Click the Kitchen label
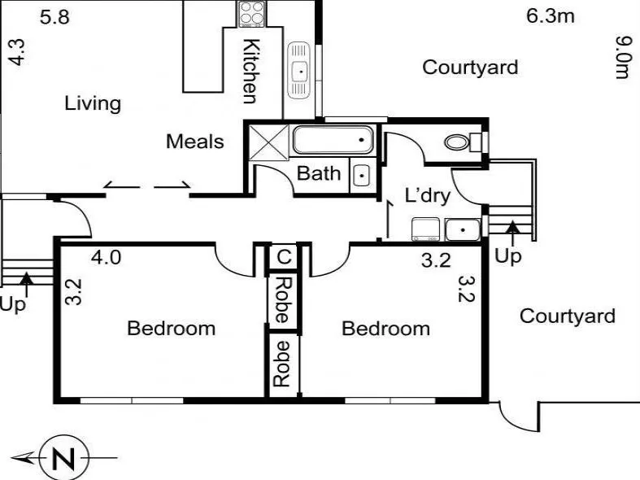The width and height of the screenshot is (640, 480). pos(250,71)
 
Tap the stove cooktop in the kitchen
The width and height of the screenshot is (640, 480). pos(252,14)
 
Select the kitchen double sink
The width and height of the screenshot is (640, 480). pos(299,71)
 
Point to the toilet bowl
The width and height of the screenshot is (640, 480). pos(457,142)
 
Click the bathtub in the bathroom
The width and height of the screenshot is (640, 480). pos(333,140)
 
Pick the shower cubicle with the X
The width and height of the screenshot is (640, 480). pos(268,142)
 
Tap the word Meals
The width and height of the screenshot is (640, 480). pos(194,142)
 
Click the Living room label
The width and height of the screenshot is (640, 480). pos(93,103)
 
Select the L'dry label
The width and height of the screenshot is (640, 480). pos(428,195)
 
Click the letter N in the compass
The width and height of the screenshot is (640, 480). pos(63,458)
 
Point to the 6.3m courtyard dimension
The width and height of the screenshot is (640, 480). pos(551,16)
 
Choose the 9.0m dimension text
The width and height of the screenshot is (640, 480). pos(623,58)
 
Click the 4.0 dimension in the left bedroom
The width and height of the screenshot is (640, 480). pos(106,258)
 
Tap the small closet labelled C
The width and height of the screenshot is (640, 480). pos(284,257)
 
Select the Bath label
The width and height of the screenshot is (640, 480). pos(318,173)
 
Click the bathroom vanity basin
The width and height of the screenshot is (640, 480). pos(362,176)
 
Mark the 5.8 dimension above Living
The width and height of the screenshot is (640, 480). pos(54,17)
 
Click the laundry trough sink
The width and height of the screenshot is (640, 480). pos(463,230)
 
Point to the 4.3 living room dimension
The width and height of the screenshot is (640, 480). pos(17,52)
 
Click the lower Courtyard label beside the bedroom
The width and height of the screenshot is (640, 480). pos(568,316)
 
